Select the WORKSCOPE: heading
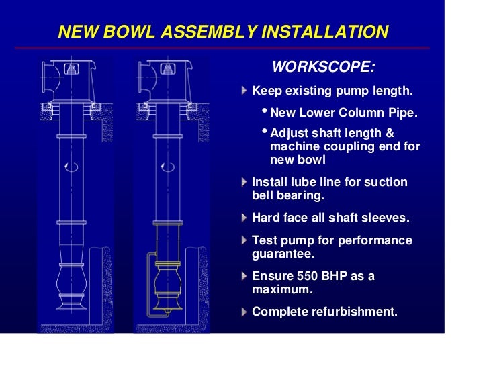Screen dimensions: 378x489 point(323,67)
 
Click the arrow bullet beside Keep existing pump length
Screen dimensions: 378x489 point(244,91)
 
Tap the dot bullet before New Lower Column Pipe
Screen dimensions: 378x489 point(264,111)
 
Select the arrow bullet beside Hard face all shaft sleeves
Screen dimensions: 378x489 point(244,218)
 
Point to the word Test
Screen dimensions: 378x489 point(264,240)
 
